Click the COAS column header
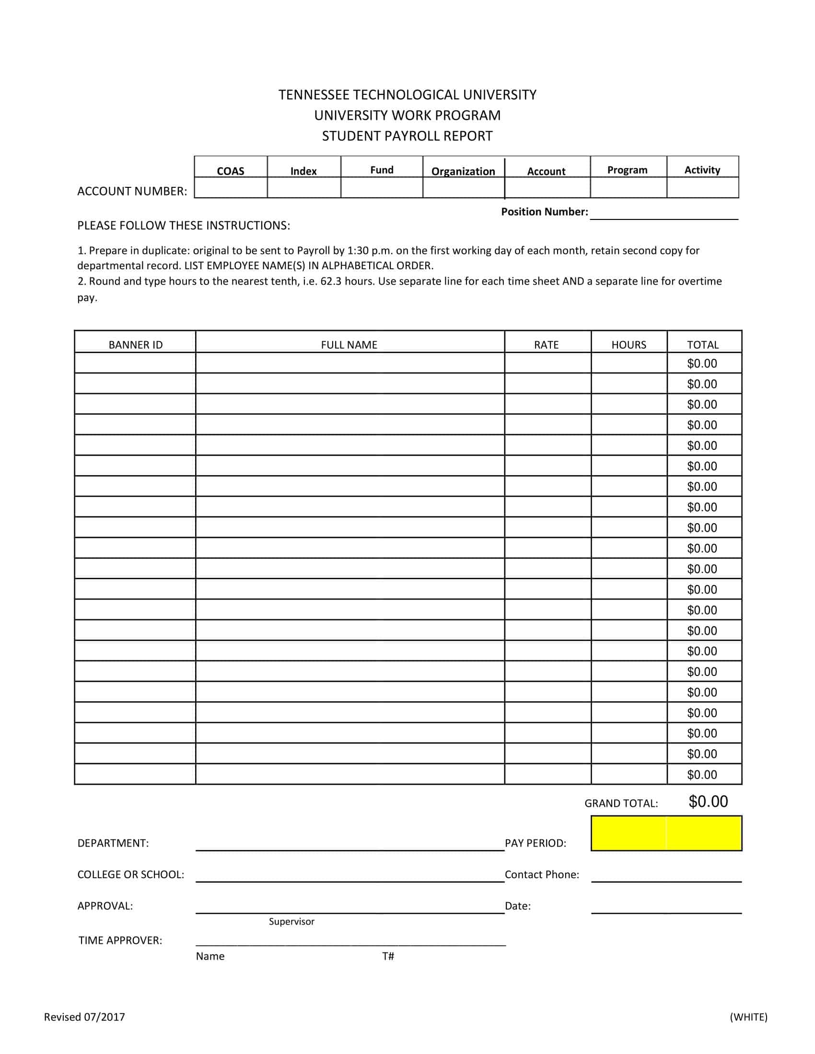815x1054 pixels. click(230, 171)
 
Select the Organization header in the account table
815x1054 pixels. click(463, 172)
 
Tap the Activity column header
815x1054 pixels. click(702, 170)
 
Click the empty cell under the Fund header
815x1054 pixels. click(382, 188)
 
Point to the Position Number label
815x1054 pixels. click(544, 212)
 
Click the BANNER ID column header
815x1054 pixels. click(136, 344)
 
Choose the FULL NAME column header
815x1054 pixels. click(349, 344)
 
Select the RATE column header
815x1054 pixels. click(546, 344)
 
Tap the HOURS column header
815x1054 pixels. click(629, 344)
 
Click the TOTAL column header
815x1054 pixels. click(702, 344)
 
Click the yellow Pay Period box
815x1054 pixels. click(666, 833)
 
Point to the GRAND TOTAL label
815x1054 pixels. click(621, 803)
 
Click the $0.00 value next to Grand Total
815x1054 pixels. click(708, 802)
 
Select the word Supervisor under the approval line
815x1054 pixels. click(291, 921)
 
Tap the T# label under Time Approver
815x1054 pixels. click(388, 956)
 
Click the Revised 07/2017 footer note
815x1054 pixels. click(84, 1017)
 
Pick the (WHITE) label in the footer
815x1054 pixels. click(748, 1017)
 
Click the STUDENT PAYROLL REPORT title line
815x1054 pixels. click(407, 136)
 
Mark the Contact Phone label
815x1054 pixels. click(542, 874)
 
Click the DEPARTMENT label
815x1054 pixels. click(113, 843)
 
